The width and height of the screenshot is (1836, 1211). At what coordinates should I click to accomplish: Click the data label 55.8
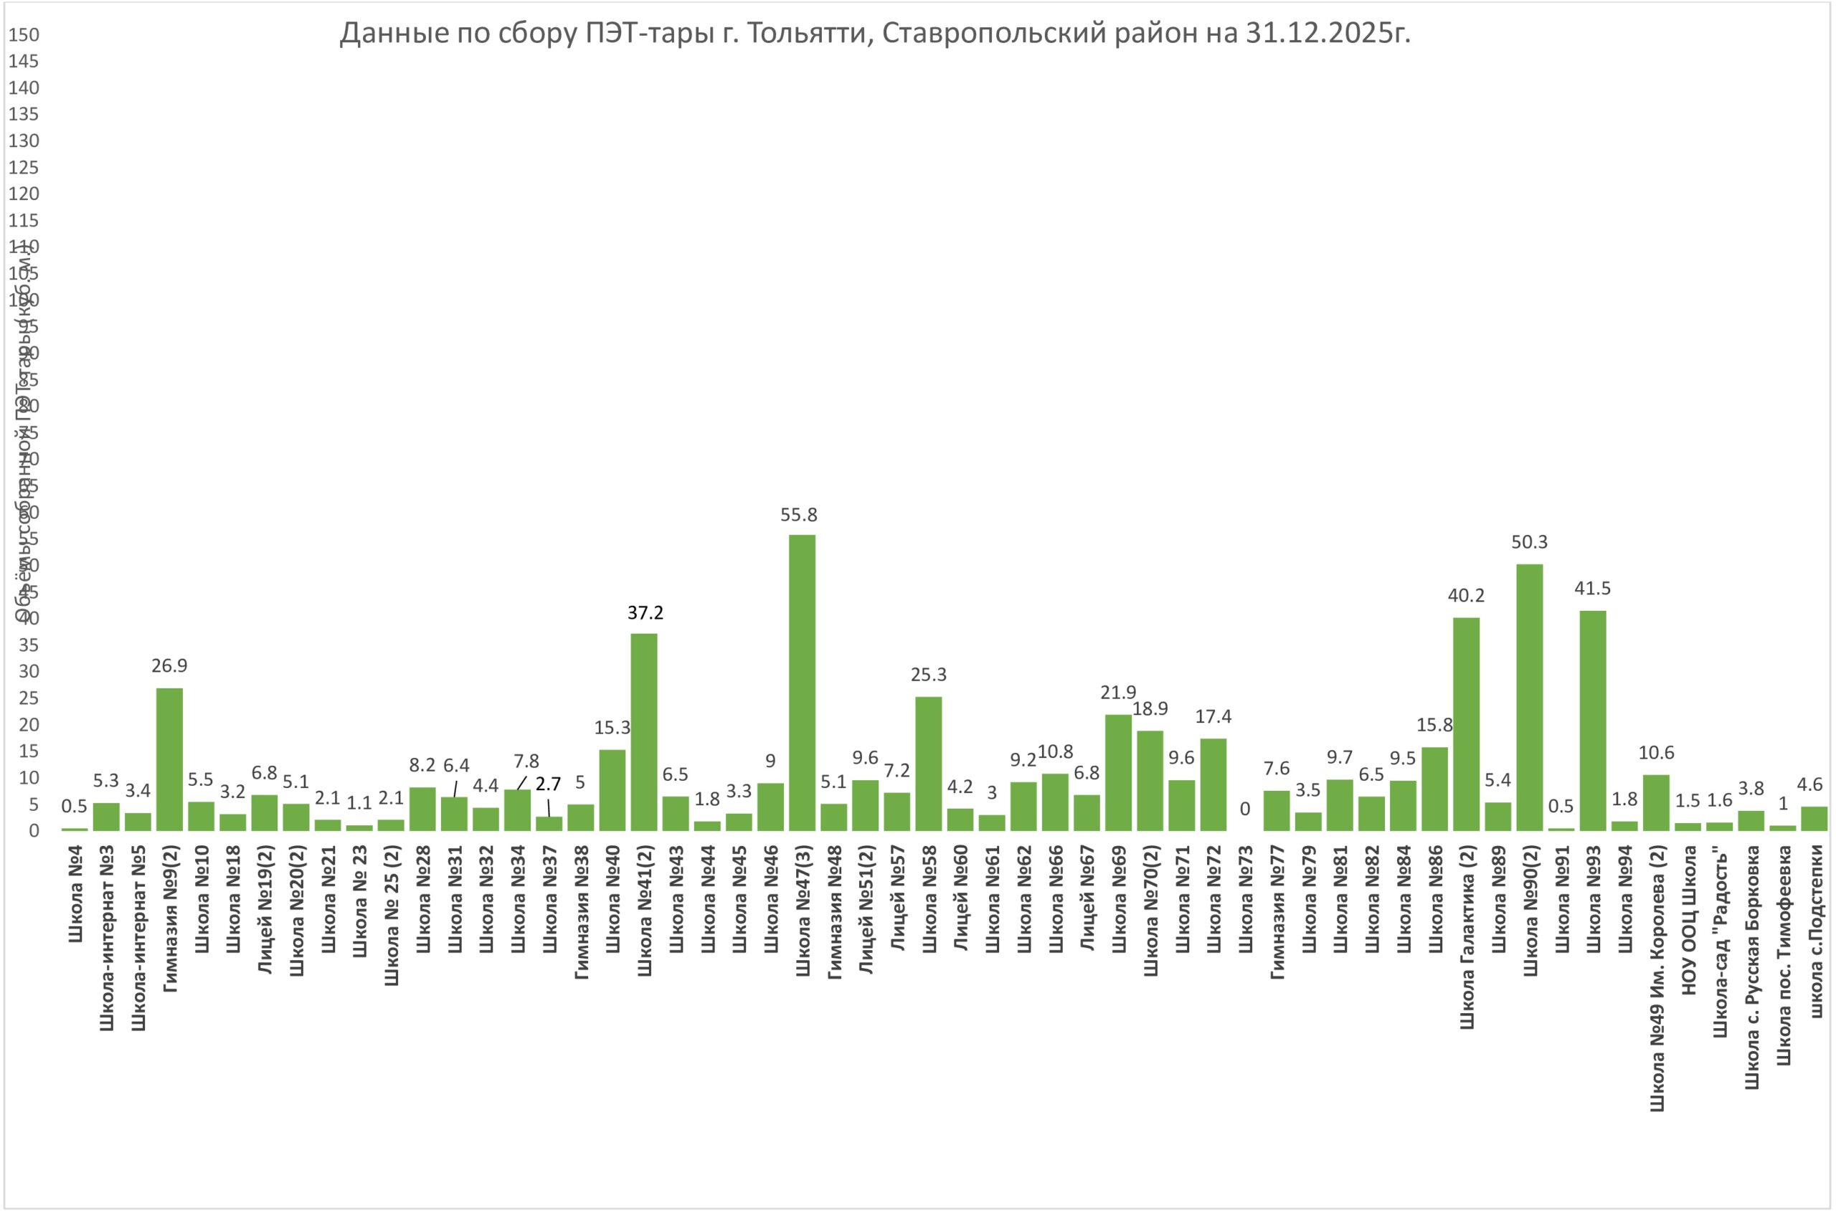click(799, 515)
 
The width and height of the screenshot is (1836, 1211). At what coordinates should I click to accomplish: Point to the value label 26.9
click(169, 666)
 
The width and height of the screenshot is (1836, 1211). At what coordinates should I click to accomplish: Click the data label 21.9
click(1118, 693)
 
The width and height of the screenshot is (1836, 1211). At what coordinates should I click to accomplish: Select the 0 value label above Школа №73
click(1244, 809)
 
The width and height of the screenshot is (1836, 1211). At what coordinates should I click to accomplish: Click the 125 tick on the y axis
click(23, 168)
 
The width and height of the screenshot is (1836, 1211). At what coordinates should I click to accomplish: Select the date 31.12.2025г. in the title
click(1328, 34)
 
